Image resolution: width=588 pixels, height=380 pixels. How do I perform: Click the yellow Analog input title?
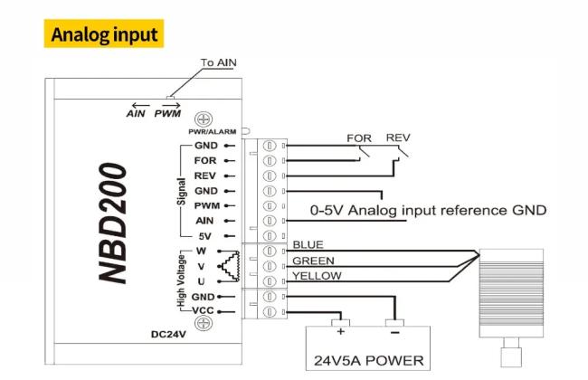[x=104, y=33]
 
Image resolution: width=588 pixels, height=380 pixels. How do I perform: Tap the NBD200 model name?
[x=113, y=223]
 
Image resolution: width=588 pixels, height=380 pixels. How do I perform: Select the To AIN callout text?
[x=219, y=62]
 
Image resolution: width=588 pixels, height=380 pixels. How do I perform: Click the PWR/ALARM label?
[x=213, y=132]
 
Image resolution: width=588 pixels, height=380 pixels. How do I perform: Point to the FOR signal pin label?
[x=205, y=160]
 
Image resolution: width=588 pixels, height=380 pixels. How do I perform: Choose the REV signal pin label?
[x=204, y=176]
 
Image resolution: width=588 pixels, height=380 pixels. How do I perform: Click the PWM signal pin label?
[x=206, y=206]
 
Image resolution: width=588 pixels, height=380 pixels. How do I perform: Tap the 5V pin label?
[x=204, y=236]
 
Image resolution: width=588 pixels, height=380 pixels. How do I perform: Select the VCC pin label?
[x=203, y=310]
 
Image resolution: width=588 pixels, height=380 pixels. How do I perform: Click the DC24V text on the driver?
[x=168, y=334]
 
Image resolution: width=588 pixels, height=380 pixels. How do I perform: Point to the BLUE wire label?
[x=308, y=245]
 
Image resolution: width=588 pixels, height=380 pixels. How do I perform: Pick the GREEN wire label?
[x=313, y=261]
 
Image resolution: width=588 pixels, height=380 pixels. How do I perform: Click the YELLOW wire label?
[x=317, y=276]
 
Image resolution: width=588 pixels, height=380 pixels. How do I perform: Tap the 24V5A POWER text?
[x=369, y=361]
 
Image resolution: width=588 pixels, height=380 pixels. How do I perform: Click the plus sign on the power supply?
[x=341, y=331]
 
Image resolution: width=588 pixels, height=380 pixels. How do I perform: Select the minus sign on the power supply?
[x=395, y=332]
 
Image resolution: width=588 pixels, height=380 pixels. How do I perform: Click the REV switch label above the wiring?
[x=398, y=138]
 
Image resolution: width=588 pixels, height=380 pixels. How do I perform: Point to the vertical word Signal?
[x=181, y=192]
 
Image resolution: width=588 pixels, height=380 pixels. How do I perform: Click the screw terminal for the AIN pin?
[x=270, y=221]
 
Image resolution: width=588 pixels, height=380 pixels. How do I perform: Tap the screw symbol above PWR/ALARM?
[x=204, y=119]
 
